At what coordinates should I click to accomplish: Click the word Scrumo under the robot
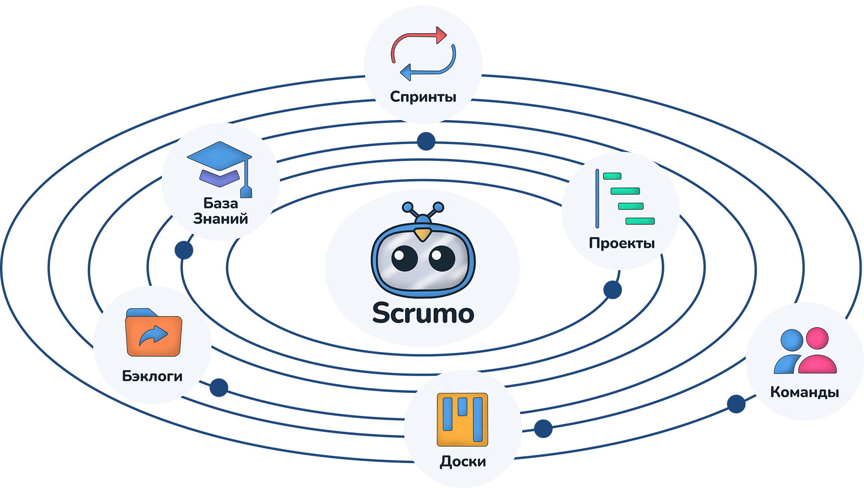(x=423, y=314)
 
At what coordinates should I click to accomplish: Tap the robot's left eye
(x=405, y=258)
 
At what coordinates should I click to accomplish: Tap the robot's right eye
(x=442, y=258)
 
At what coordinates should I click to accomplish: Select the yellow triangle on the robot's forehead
(x=422, y=234)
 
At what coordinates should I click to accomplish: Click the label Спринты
(x=423, y=97)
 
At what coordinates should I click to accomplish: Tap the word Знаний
(x=220, y=219)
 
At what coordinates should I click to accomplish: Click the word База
(x=220, y=203)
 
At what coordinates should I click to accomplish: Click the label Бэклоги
(x=152, y=376)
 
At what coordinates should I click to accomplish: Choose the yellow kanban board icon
(x=462, y=419)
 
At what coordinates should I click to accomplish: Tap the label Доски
(x=463, y=462)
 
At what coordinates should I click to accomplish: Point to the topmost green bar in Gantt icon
(x=612, y=176)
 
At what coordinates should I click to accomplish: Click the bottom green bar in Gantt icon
(x=640, y=221)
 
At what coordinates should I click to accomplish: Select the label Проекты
(x=622, y=243)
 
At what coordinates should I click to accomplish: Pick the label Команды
(x=804, y=392)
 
